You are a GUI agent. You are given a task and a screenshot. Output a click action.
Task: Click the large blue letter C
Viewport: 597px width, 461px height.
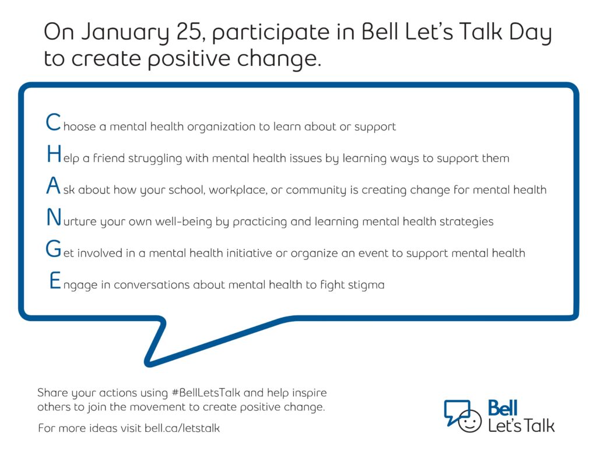pyautogui.click(x=53, y=122)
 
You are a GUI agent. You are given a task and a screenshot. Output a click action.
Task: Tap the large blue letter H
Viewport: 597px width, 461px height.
pyautogui.click(x=54, y=154)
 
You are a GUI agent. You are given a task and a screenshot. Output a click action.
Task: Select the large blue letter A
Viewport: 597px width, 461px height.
pyautogui.click(x=53, y=186)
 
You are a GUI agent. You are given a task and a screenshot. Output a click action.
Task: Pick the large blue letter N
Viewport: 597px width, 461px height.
pyautogui.click(x=54, y=217)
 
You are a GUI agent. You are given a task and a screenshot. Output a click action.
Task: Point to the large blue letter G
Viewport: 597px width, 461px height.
pyautogui.click(x=53, y=249)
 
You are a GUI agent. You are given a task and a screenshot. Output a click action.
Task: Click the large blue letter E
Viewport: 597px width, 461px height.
pyautogui.click(x=55, y=280)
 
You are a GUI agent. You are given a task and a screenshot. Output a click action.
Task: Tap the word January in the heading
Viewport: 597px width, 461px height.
pyautogui.click(x=125, y=33)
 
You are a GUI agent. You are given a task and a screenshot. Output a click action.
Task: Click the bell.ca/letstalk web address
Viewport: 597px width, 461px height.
pyautogui.click(x=182, y=428)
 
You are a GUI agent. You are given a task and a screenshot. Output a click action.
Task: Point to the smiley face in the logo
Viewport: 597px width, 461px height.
pyautogui.click(x=469, y=421)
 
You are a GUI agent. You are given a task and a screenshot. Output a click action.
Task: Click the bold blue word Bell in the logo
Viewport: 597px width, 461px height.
pyautogui.click(x=503, y=408)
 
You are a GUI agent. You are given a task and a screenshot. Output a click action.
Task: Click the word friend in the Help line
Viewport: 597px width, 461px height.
pyautogui.click(x=109, y=158)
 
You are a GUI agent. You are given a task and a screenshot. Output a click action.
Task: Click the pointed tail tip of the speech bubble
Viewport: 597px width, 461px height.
pyautogui.click(x=148, y=364)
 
